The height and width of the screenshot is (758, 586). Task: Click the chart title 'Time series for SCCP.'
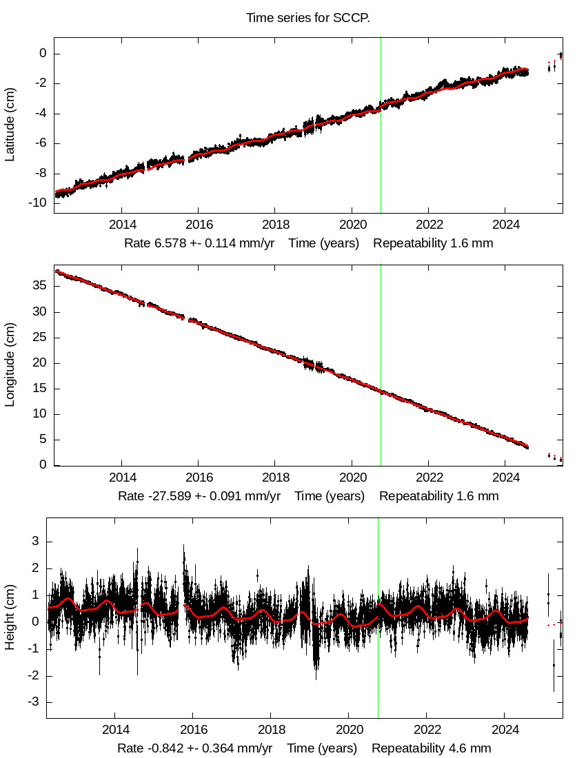click(308, 18)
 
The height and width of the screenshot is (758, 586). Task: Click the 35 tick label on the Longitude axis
click(39, 286)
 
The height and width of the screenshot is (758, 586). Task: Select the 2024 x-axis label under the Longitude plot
click(506, 478)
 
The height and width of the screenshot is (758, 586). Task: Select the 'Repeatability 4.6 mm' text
click(432, 748)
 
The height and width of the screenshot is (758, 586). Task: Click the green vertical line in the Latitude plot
click(381, 124)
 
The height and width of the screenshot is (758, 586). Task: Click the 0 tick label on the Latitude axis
click(43, 54)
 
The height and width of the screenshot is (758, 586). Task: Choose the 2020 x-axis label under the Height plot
click(350, 730)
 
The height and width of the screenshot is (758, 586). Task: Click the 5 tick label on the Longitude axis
click(43, 440)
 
